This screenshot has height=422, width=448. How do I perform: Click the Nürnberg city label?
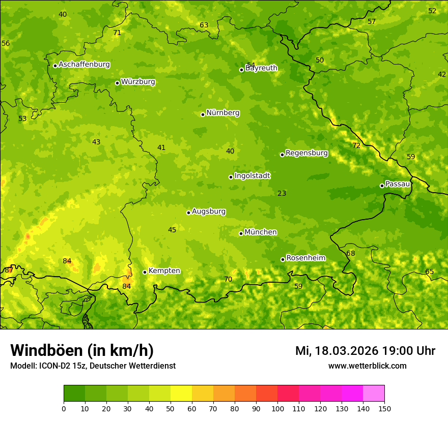[x=222, y=113]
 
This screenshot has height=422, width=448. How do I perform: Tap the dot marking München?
[x=241, y=233]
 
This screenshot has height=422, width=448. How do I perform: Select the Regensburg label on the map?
[x=306, y=153]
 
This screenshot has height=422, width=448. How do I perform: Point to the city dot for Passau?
[x=382, y=186]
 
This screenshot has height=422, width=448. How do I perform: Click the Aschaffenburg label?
[x=84, y=65]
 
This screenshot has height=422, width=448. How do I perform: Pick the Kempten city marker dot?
[x=145, y=272]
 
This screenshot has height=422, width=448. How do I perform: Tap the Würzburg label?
[x=138, y=82]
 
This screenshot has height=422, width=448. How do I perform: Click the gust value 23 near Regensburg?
[x=282, y=193]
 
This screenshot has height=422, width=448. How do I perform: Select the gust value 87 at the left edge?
[x=9, y=270]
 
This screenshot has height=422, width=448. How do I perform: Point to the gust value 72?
[x=356, y=145]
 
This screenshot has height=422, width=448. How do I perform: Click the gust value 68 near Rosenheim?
[x=350, y=253]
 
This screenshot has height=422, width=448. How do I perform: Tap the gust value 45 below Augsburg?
[x=172, y=230]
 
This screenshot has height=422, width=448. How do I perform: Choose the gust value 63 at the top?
[x=204, y=25]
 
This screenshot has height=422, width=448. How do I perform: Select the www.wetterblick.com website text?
[x=367, y=366]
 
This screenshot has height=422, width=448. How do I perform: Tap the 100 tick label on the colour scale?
[x=277, y=408]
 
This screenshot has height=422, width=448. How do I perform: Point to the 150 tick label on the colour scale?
[x=384, y=408]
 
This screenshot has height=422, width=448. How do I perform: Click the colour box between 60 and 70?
[x=203, y=394]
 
